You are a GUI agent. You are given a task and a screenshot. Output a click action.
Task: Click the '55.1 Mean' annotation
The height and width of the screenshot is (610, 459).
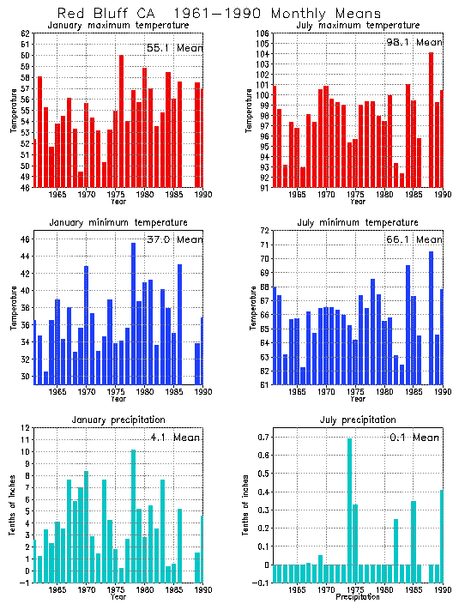click(174, 48)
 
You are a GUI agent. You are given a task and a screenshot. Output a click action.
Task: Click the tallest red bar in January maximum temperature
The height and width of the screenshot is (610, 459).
click(121, 121)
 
